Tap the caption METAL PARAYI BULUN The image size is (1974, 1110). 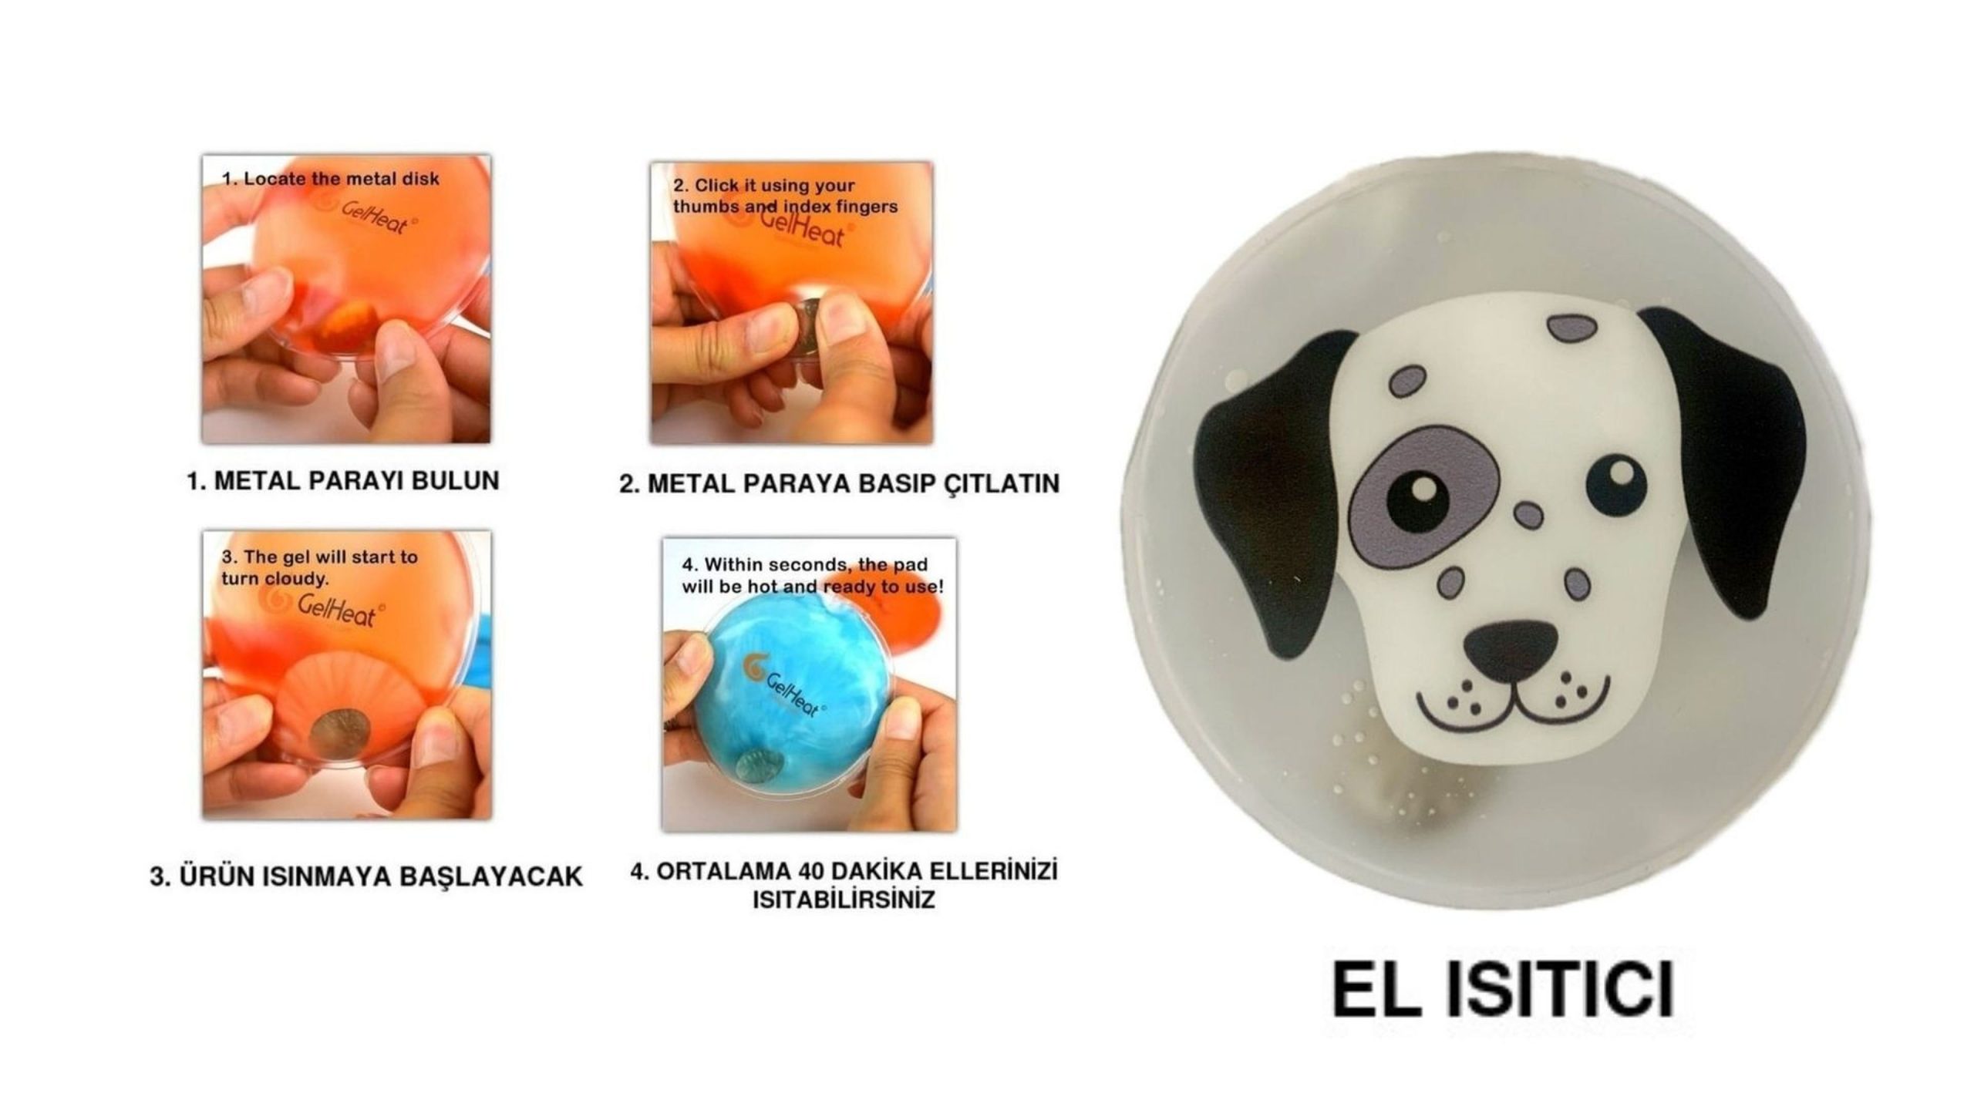[343, 480]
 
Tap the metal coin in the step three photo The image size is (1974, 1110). [339, 733]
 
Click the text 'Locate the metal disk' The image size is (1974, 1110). [341, 179]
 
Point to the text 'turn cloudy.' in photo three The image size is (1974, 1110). [275, 578]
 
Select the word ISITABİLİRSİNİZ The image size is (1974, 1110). [844, 900]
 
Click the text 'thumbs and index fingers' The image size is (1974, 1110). [785, 207]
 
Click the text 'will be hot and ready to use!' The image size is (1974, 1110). [812, 587]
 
